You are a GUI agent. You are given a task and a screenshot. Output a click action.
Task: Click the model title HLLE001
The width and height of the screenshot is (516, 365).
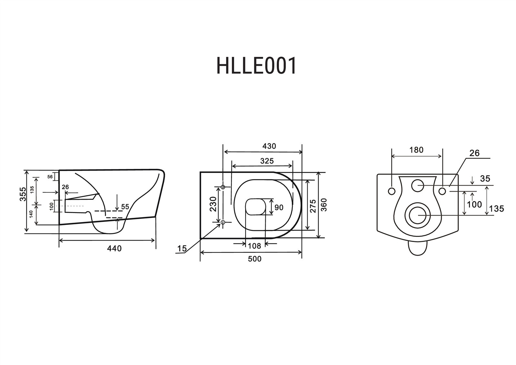[x=256, y=66]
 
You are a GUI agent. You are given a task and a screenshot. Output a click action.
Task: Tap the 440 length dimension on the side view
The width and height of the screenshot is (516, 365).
[x=114, y=248]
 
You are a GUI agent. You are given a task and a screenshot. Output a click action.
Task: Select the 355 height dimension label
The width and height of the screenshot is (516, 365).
[x=23, y=194]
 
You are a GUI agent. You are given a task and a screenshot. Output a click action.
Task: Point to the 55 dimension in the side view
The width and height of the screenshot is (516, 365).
[x=125, y=207]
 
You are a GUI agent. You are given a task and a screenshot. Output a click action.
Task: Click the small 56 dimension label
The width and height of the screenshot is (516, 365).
[x=50, y=177]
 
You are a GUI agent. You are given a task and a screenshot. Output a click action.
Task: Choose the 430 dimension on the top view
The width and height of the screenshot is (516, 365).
[x=269, y=146]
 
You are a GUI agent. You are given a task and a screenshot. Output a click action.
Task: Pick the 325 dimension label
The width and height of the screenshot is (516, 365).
[x=267, y=161]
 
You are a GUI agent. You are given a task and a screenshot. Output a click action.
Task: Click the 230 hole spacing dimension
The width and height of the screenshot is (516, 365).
[x=213, y=204]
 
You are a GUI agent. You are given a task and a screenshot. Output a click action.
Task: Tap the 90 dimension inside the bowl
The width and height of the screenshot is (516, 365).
[x=279, y=207]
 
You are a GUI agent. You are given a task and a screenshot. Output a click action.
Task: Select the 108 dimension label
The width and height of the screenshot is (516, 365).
[x=254, y=246]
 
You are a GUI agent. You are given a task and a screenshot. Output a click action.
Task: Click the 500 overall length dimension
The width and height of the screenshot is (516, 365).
[x=254, y=259]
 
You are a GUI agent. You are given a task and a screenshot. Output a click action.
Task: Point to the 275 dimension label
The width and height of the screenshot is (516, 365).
[x=313, y=206]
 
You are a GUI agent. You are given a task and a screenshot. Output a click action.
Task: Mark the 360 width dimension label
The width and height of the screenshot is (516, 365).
[x=324, y=205]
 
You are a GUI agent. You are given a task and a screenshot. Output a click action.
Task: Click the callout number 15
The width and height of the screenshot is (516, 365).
[x=182, y=248]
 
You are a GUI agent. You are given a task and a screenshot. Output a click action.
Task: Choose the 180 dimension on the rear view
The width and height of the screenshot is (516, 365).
[x=416, y=150]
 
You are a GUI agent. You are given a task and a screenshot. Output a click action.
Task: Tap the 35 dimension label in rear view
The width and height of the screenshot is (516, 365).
[x=485, y=178]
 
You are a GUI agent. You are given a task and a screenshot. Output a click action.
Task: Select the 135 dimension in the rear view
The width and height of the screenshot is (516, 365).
[x=496, y=208]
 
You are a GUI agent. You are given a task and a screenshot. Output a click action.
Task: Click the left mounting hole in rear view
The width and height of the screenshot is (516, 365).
[x=392, y=191]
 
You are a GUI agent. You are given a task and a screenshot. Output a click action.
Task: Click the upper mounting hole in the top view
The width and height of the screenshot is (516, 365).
[x=223, y=187]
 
